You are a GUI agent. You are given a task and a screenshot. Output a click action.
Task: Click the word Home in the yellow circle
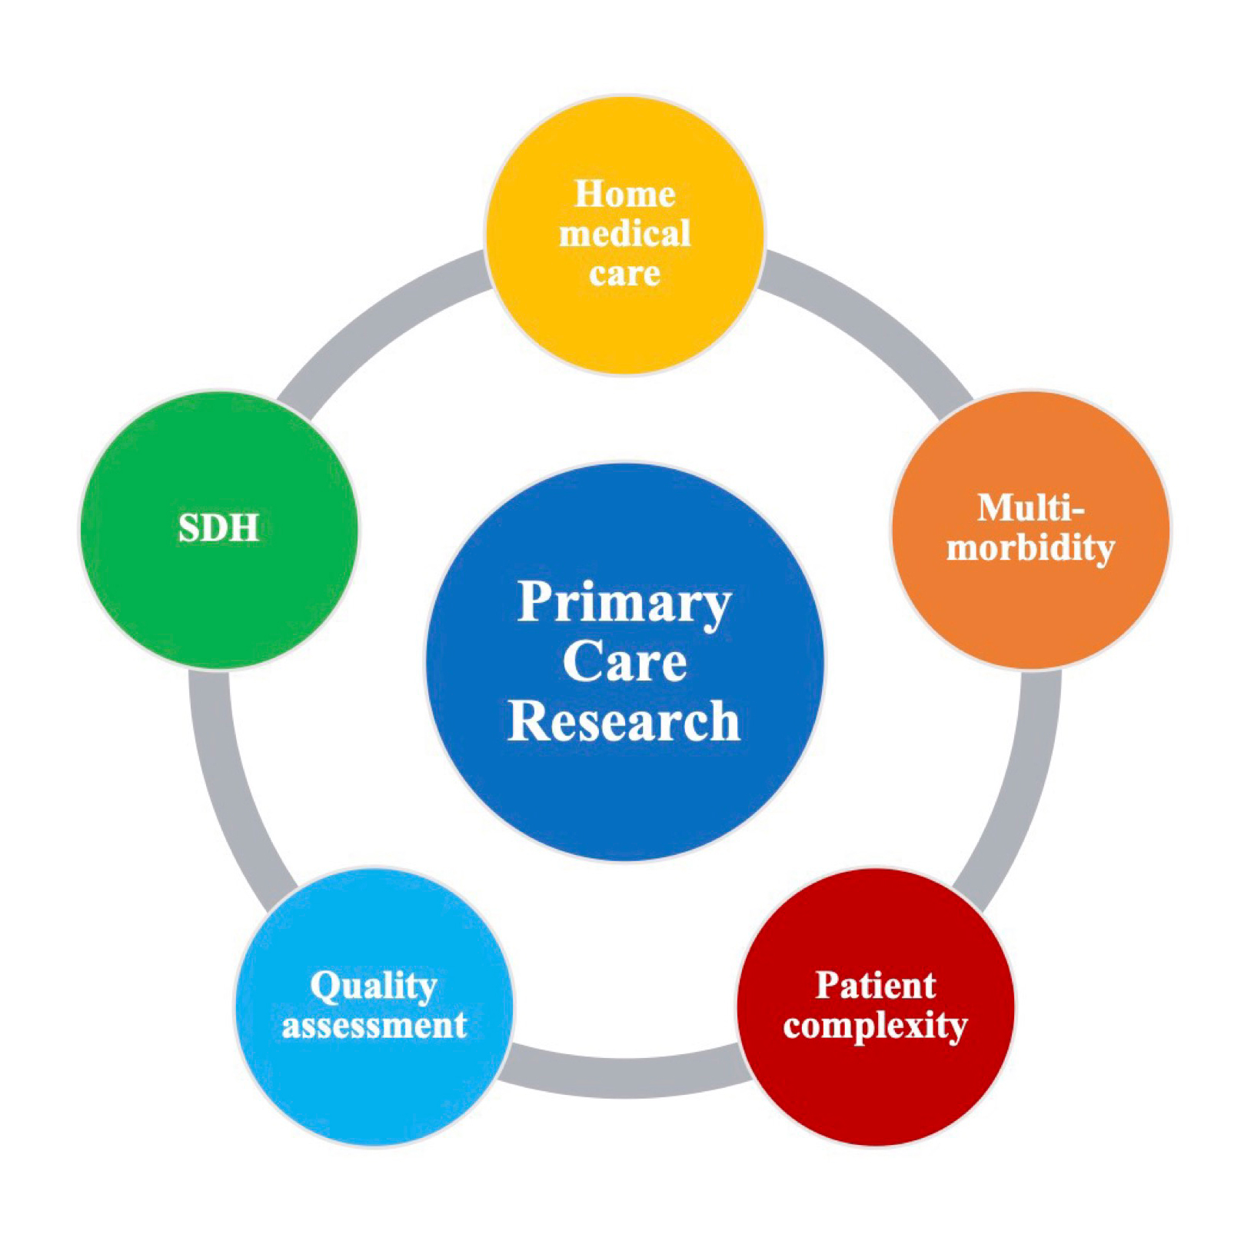pyautogui.click(x=624, y=194)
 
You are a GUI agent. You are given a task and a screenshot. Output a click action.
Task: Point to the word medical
pyautogui.click(x=624, y=234)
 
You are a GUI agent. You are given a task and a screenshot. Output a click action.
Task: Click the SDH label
pyautogui.click(x=218, y=529)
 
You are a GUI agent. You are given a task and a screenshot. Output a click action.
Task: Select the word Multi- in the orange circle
pyautogui.click(x=1030, y=508)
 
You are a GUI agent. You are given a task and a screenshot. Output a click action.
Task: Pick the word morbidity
pyautogui.click(x=1030, y=548)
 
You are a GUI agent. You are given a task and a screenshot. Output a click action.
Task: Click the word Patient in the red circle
pyautogui.click(x=875, y=986)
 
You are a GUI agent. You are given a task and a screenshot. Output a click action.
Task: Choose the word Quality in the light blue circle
pyautogui.click(x=374, y=986)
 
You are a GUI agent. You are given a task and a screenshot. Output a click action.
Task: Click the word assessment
pyautogui.click(x=374, y=1026)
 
